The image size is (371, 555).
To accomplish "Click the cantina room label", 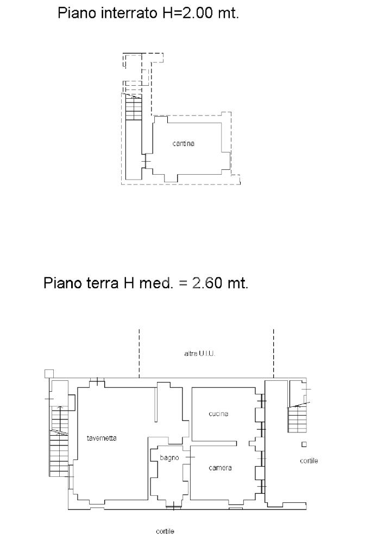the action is pos(183,143).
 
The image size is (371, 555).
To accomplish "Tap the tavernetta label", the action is pos(102,438).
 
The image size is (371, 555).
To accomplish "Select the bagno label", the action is pos(169,458).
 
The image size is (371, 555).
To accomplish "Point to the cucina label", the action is pos(218,413).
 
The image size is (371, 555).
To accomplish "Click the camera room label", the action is pos(220,468).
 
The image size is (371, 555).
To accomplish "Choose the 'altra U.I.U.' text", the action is pos(199,353).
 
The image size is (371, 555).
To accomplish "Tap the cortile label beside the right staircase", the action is pos(309,461).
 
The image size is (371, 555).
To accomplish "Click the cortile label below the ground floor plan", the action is pos(165,531).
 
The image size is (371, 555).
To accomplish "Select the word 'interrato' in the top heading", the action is pos(129,13).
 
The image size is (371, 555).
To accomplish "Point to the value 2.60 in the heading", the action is pos(207,283).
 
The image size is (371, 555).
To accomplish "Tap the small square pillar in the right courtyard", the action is pos(304,444).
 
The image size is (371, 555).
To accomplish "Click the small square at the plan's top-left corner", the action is pos(49,373).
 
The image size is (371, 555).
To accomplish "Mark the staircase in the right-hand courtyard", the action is pos(297,419).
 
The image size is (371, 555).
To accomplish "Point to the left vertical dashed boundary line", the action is pos(139,353).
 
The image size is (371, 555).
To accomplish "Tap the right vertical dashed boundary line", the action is pos(274,353).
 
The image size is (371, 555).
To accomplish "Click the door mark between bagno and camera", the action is pos(190,457).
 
